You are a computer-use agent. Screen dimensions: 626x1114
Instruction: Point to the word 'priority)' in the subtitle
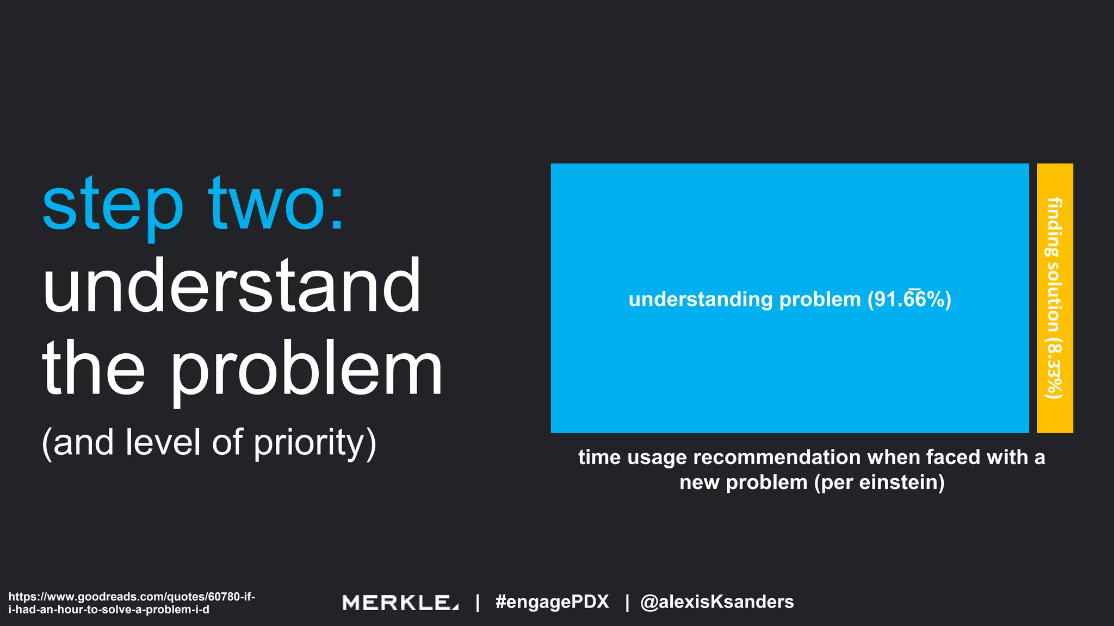pos(315,443)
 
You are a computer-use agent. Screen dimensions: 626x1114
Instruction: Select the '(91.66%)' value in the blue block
pos(909,299)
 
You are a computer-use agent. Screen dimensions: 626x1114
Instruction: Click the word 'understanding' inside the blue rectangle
pos(700,299)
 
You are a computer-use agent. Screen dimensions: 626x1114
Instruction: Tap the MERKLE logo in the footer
pos(400,602)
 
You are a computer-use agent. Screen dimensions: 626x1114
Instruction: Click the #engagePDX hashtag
pos(552,602)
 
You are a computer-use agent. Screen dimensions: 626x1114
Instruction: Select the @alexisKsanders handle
pos(717,602)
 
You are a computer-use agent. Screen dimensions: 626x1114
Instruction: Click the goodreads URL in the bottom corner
pos(132,603)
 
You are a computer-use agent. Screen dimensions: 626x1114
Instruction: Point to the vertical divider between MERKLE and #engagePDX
pos(478,602)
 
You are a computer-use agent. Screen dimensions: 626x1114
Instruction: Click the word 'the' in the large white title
pos(94,369)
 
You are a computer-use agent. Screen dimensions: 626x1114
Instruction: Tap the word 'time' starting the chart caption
pos(599,458)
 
